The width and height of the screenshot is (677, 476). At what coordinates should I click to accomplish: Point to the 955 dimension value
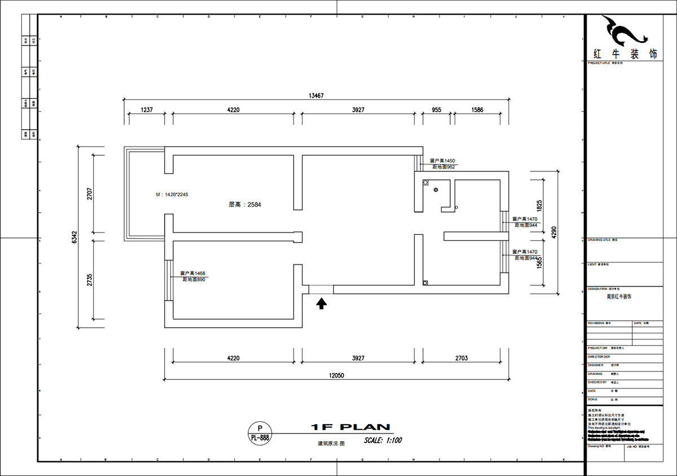pos(437,110)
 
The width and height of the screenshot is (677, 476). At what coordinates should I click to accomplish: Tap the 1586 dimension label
pos(477,110)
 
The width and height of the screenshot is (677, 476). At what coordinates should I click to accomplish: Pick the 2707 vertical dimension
pos(90,195)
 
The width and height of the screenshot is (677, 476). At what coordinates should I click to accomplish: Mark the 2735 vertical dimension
pos(90,280)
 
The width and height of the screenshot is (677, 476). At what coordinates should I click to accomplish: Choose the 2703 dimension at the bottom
pos(461,358)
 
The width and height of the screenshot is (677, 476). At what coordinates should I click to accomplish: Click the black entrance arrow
pos(322,305)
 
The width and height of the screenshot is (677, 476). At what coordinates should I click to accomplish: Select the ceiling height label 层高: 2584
pos(245,205)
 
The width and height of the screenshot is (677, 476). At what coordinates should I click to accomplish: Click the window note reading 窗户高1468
pos(192,274)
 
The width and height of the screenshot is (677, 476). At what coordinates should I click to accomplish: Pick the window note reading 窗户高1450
pos(442,161)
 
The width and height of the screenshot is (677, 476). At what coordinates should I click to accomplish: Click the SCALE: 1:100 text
pos(383,440)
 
